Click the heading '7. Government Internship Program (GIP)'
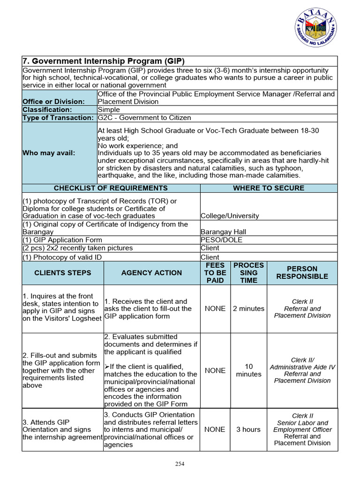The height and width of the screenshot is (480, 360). click(104, 61)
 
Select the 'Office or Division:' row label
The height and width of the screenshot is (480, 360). click(53, 102)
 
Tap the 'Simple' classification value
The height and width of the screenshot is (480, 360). click(109, 110)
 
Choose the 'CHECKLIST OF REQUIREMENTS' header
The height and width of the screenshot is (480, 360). click(111, 188)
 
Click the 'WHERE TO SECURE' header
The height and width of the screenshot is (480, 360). click(269, 188)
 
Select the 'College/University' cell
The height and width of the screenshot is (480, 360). click(230, 216)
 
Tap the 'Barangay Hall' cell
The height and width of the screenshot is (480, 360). click(223, 232)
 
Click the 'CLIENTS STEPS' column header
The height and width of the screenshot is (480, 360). click(62, 273)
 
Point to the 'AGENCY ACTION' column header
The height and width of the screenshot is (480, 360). click(151, 273)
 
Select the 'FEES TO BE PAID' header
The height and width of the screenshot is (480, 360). click(215, 273)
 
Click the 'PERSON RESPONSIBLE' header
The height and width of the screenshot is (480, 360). click(302, 273)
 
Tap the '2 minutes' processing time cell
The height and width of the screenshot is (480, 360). click(248, 308)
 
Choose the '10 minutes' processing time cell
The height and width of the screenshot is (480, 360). click(248, 370)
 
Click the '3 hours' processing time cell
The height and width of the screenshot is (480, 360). click(248, 429)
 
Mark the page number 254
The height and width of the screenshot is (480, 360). click(180, 464)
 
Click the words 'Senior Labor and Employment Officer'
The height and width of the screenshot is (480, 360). click(302, 426)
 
